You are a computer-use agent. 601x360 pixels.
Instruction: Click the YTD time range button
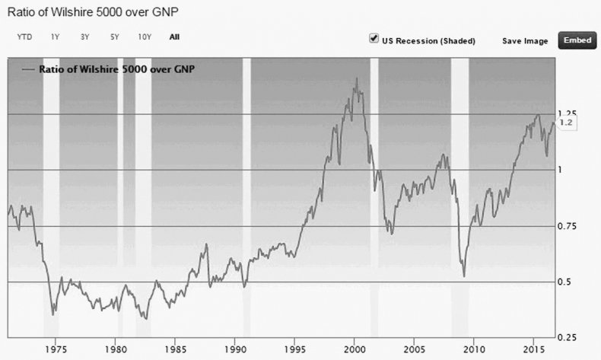[x=24, y=37]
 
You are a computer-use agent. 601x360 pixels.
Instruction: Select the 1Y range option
[x=55, y=37]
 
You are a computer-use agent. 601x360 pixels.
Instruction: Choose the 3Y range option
[x=84, y=37]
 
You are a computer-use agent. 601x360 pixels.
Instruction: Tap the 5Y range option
[x=114, y=37]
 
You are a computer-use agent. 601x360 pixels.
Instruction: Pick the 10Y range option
[x=145, y=37]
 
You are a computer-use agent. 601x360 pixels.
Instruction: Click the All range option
[x=175, y=37]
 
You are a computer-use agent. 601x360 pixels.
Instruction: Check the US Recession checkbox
[x=374, y=39]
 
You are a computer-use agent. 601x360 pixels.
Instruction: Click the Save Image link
[x=525, y=41]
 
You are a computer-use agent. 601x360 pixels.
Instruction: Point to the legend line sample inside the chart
[x=29, y=69]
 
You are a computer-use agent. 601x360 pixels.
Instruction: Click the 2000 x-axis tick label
[x=355, y=350]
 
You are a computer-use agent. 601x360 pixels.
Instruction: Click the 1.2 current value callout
[x=566, y=123]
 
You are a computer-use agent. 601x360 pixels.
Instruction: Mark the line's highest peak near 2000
[x=356, y=78]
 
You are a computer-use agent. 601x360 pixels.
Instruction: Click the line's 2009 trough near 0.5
[x=464, y=276]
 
